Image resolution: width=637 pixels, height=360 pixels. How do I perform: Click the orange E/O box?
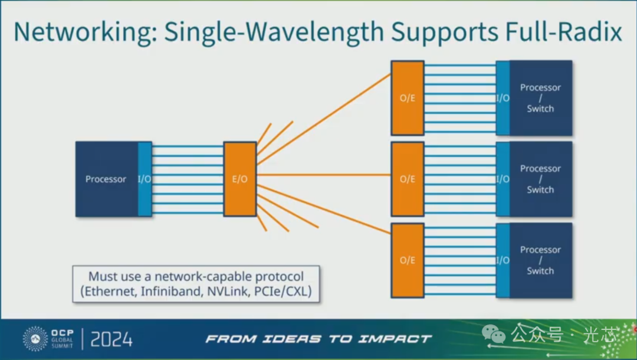coord(239,179)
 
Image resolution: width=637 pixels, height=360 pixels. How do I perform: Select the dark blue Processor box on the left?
coord(106,179)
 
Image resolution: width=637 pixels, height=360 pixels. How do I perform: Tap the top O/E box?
coord(408,98)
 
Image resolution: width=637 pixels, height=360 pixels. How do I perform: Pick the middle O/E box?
coord(408,179)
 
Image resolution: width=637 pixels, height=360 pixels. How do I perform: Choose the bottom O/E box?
coord(408,260)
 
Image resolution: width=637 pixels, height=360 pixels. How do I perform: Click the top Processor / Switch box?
coord(540,98)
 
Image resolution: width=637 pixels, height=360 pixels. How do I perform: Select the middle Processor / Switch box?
coord(540,179)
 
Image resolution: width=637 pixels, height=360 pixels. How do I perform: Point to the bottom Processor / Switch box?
coord(540,260)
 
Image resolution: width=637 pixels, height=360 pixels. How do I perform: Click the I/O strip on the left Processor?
coord(145,179)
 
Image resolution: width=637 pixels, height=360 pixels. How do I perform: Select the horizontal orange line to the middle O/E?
coord(324,175)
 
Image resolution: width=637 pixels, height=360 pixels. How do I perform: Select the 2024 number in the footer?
coord(111,339)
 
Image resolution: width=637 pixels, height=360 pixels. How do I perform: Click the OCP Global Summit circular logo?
coord(35,339)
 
